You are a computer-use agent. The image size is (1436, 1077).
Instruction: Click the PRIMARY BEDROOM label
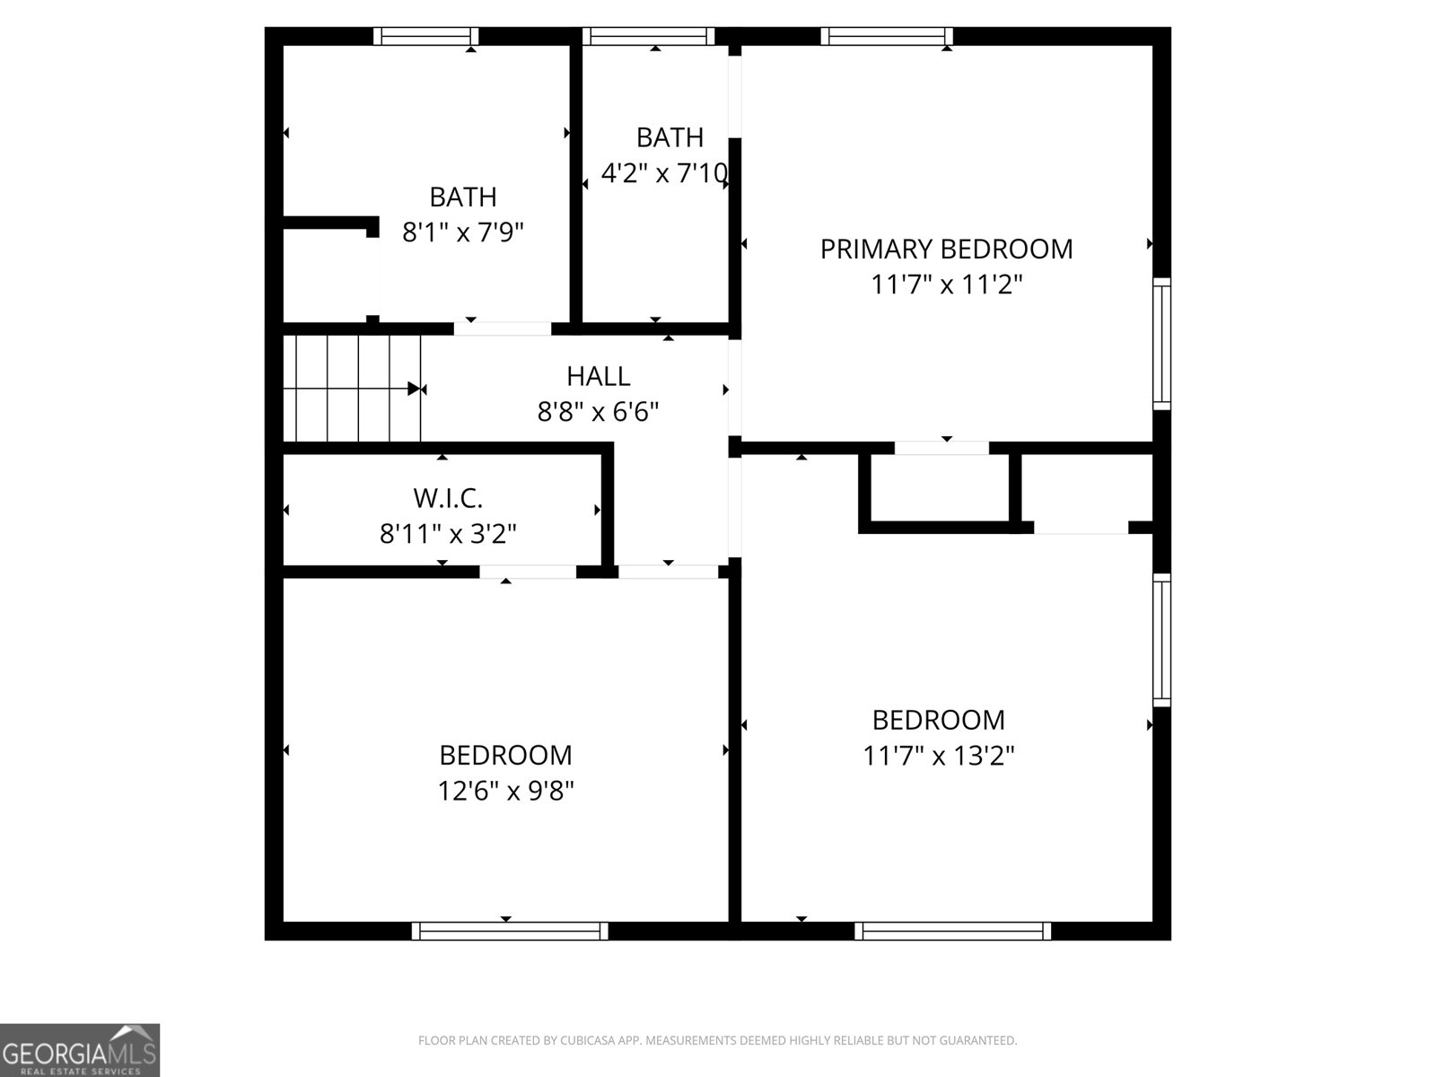point(946,249)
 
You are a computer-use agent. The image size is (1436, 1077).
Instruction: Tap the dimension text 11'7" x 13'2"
point(939,756)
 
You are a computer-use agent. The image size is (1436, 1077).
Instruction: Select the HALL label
point(598,376)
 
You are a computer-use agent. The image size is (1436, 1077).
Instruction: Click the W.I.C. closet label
point(448,497)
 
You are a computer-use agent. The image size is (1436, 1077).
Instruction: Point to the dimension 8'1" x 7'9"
point(462,232)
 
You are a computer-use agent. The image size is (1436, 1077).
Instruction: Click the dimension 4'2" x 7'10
point(663,173)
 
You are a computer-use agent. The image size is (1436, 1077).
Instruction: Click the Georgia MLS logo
point(80,1049)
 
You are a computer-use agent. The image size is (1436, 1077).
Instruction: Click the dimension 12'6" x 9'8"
point(505,791)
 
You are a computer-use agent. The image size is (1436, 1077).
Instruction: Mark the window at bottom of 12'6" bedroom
point(510,931)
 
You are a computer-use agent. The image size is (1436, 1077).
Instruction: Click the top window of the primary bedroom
point(886,36)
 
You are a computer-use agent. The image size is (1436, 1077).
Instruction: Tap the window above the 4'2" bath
point(648,36)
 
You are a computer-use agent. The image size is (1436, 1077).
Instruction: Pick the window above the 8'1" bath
point(425,36)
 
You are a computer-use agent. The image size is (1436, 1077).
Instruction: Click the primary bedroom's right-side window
point(1161,343)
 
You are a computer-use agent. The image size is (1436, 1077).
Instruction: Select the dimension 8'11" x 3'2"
point(448,534)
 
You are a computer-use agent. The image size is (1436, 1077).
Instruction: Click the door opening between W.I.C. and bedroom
point(528,572)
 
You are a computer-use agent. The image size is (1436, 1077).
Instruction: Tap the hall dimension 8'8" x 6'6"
point(598,412)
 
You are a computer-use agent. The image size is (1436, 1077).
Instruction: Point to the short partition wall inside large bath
point(330,223)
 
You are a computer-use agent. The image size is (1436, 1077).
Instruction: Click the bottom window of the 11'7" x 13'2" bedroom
point(952,931)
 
